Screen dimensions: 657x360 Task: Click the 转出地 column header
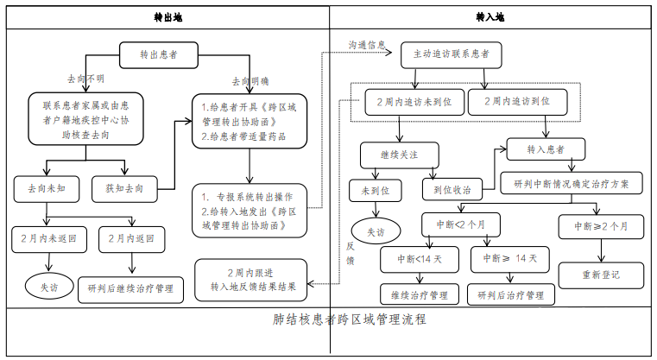click(168, 17)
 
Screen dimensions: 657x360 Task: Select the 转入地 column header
click(490, 17)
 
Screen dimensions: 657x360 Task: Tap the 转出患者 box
click(159, 55)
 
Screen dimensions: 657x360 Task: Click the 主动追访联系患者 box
click(452, 54)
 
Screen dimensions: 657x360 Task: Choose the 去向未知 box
click(47, 189)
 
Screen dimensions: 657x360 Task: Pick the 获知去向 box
click(124, 189)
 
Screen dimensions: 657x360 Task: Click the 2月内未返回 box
click(49, 239)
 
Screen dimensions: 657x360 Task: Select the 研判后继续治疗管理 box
click(130, 289)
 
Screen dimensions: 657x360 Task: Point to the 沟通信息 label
click(367, 45)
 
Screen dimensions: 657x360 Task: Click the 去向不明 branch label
click(85, 79)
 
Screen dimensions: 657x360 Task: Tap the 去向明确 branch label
click(250, 81)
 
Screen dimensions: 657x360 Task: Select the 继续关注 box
click(400, 155)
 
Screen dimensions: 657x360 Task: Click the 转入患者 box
click(546, 149)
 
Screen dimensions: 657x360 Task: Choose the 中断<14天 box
click(420, 259)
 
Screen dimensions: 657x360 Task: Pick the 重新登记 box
click(601, 275)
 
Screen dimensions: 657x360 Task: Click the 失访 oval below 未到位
click(376, 231)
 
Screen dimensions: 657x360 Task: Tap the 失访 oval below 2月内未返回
click(49, 287)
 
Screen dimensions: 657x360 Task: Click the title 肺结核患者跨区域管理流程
click(349, 319)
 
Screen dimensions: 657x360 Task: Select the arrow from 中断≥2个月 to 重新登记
click(601, 250)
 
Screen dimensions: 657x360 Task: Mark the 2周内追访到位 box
click(517, 101)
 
